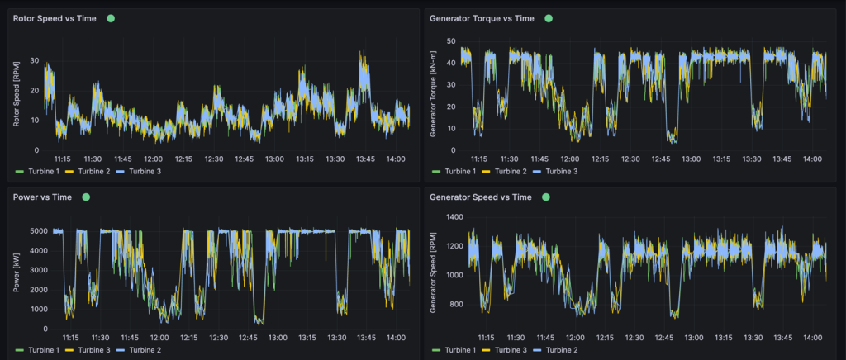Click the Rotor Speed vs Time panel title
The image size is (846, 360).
pyautogui.click(x=55, y=18)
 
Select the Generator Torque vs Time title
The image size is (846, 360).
pyautogui.click(x=482, y=18)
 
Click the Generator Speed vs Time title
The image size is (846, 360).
pyautogui.click(x=481, y=197)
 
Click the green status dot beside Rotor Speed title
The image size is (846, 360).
pyautogui.click(x=111, y=18)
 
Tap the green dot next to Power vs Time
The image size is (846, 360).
pyautogui.click(x=86, y=197)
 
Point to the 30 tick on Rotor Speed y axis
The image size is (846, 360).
pyautogui.click(x=34, y=61)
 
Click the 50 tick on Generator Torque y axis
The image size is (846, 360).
pyautogui.click(x=451, y=40)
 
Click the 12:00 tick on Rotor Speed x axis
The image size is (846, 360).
pyautogui.click(x=153, y=159)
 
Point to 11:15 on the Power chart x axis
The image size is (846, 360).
pyautogui.click(x=69, y=338)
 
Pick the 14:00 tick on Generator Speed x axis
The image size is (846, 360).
pyautogui.click(x=812, y=338)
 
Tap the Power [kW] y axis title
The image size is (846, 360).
pyautogui.click(x=17, y=272)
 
